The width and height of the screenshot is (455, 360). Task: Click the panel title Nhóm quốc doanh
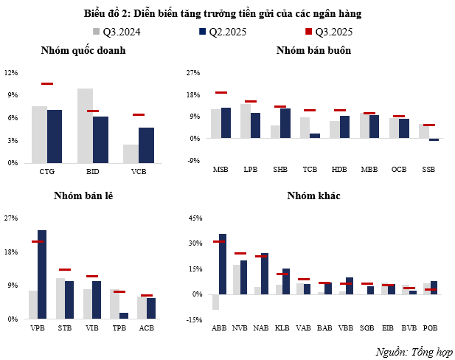83,50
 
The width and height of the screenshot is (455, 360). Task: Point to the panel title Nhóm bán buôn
313,50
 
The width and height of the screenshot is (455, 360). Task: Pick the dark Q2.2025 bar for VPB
42,274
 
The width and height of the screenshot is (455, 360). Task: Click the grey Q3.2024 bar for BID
86,125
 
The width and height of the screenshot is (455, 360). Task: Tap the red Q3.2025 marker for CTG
47,84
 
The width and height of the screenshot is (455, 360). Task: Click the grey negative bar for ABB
215,302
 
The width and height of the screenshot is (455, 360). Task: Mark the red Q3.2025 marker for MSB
220,93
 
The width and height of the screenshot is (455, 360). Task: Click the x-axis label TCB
310,170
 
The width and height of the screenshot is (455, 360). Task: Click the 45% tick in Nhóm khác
195,218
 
